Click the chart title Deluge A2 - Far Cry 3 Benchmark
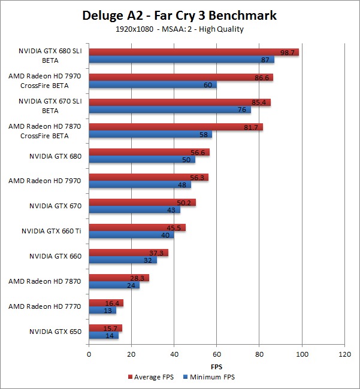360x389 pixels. coord(179,16)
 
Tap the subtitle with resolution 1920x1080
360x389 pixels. coord(180,29)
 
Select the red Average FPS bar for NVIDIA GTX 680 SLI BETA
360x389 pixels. coord(194,52)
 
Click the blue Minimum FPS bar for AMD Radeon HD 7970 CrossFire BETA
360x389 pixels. coord(153,84)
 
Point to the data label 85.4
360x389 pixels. coord(259,102)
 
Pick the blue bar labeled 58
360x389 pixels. coord(150,135)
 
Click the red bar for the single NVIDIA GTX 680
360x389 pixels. coord(149,152)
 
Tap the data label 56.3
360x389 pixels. coord(197,178)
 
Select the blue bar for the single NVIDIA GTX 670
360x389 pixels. coord(135,209)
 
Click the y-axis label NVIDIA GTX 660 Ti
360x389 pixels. coord(52,231)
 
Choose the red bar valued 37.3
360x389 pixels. coord(129,253)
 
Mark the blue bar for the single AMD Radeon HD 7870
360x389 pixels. coord(114,285)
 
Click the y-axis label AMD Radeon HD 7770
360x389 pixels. coord(45,306)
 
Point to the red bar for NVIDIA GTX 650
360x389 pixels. coord(105,328)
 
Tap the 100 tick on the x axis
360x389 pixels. coord(302,354)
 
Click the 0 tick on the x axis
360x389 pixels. coord(89,354)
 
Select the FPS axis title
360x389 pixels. coord(216,367)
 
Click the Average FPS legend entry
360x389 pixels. coord(151,377)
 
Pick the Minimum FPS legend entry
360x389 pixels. coord(209,377)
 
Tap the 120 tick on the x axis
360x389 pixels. coord(344,354)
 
